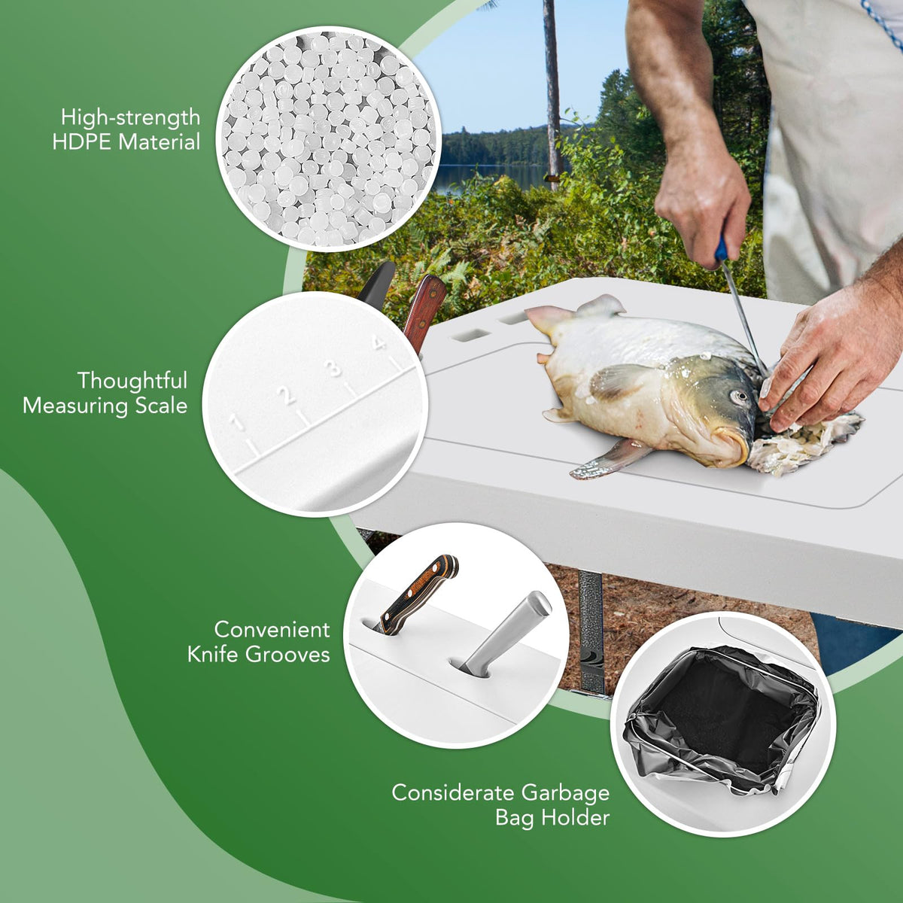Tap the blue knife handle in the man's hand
[721, 248]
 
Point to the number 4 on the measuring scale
[377, 342]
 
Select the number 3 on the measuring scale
[333, 367]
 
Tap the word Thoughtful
[132, 381]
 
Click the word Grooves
[287, 654]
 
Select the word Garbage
[566, 793]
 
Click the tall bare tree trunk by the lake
[553, 94]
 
